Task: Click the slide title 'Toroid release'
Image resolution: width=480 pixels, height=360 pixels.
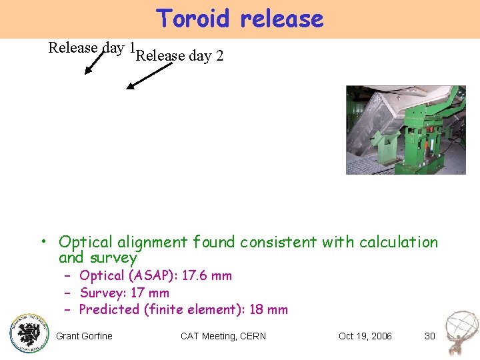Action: click(x=240, y=19)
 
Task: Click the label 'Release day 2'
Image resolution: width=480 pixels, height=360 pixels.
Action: click(x=179, y=56)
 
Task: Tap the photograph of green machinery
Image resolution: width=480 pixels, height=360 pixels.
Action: click(x=405, y=130)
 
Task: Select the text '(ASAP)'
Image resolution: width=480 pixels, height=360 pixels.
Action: click(x=148, y=276)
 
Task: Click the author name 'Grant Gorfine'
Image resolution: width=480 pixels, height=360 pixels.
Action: click(x=84, y=336)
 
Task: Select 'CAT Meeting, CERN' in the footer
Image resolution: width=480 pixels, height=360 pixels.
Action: click(x=223, y=336)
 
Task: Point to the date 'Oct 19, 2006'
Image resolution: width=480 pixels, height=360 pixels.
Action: click(x=365, y=336)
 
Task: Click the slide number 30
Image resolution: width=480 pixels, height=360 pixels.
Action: click(x=429, y=336)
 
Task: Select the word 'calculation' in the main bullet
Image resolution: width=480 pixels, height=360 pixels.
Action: click(x=399, y=242)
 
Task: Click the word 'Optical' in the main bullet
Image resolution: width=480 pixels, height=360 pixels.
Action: click(x=84, y=242)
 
